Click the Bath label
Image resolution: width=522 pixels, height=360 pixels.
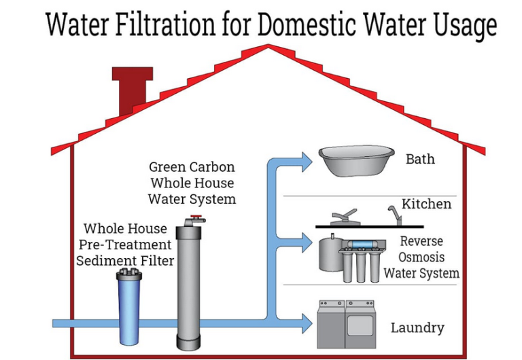point(420,160)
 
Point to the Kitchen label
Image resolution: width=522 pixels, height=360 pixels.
point(426,204)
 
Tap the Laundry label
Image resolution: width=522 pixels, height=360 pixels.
point(417,328)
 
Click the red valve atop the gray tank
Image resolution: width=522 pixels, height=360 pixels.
point(196,219)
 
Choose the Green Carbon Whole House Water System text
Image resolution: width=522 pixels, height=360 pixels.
point(192,182)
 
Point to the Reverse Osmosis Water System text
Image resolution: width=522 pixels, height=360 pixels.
point(421,257)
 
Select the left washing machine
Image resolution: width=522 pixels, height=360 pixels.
point(331,324)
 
